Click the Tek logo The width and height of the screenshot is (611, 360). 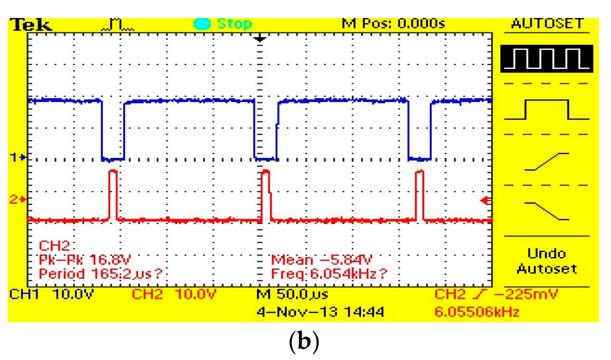[31, 25]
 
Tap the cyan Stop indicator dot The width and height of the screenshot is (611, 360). [202, 24]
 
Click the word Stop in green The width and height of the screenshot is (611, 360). [234, 24]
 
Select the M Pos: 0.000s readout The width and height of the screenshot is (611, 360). [393, 23]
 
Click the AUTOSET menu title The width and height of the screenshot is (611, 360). [547, 23]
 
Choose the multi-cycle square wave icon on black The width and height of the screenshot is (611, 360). [547, 59]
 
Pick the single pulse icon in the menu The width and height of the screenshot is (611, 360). [547, 109]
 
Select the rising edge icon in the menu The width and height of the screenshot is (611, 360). [547, 162]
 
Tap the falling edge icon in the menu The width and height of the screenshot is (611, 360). [547, 211]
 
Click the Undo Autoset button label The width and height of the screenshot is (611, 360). [547, 261]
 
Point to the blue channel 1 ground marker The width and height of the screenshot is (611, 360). [18, 157]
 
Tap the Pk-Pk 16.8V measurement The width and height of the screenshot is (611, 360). [85, 260]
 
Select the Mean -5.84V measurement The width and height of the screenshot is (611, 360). [321, 260]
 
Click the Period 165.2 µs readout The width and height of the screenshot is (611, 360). [100, 274]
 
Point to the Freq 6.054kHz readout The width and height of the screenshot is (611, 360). [329, 274]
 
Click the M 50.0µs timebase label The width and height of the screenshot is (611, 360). [292, 294]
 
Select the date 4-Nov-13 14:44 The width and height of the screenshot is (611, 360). [320, 312]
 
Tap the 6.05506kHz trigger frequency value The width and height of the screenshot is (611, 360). [477, 312]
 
